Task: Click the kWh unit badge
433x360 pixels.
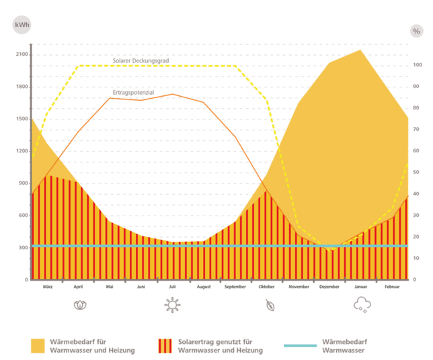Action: tap(22, 26)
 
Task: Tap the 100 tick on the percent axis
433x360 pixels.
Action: tap(417, 65)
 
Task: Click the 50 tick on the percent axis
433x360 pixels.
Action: tap(417, 172)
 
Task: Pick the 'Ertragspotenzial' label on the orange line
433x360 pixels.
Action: tap(132, 92)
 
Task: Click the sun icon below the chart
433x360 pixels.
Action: tap(172, 305)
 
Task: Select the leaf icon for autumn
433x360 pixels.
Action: tap(270, 306)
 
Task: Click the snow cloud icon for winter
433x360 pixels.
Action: tap(362, 305)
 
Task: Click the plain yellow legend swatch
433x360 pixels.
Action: tap(38, 346)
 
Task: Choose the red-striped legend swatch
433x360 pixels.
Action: tap(165, 346)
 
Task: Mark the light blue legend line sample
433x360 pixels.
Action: tap(300, 346)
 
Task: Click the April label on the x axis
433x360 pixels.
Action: tap(78, 286)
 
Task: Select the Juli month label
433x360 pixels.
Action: tap(172, 286)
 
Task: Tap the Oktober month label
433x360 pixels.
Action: tap(267, 286)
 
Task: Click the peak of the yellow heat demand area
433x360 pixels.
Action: tap(361, 49)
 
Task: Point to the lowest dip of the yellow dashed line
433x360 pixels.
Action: tap(329, 250)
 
